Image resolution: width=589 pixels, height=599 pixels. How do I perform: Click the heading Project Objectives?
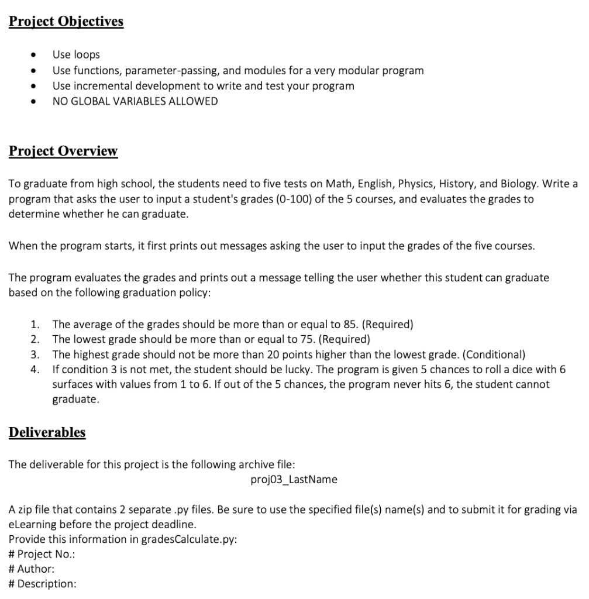coord(66,22)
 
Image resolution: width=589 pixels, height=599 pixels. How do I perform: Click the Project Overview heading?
coord(63,151)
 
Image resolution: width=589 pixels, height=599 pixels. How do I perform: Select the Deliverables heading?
coord(47,432)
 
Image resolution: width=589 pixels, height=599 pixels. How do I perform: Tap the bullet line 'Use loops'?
coord(76,55)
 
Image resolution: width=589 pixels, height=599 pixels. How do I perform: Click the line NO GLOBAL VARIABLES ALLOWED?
coord(135,101)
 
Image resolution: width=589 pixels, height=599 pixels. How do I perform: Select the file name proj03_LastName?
coord(294,480)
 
